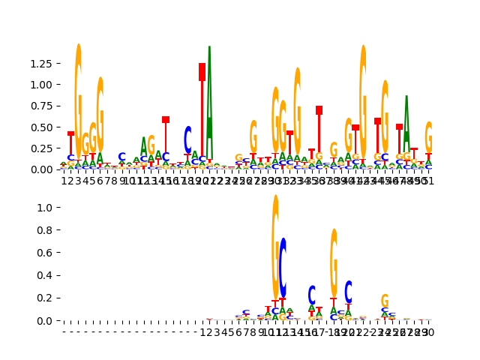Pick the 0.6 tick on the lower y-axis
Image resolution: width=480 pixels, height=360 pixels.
pyautogui.click(x=49, y=253)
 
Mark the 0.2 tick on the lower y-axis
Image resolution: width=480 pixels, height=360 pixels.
pyautogui.click(x=49, y=298)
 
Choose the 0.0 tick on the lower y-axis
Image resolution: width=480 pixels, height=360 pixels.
pyautogui.click(x=49, y=321)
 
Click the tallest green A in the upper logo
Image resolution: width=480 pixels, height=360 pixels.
pyautogui.click(x=209, y=90)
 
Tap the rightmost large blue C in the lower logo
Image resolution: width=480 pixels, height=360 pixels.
pyautogui.click(x=348, y=292)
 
